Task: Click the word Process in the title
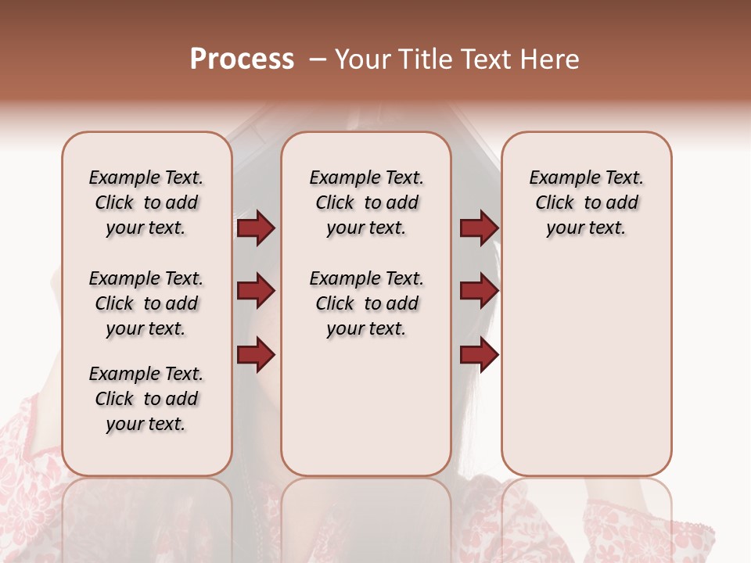[x=242, y=59]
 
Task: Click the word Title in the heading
[x=423, y=59]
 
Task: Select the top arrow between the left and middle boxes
[x=256, y=228]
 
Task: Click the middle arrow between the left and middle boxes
[x=256, y=292]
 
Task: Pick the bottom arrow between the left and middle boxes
[x=256, y=355]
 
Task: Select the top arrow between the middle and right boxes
[x=479, y=228]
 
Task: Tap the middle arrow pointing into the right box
[x=479, y=292]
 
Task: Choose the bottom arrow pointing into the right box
[x=479, y=355]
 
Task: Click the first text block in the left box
[x=146, y=203]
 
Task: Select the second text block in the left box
[x=146, y=303]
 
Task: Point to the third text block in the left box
[x=146, y=399]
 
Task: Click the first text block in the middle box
[x=366, y=203]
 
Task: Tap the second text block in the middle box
[x=366, y=303]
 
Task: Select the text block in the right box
[x=586, y=203]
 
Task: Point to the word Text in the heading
[x=488, y=59]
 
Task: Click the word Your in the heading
[x=362, y=59]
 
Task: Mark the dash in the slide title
[x=317, y=59]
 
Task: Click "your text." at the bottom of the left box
[x=146, y=424]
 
